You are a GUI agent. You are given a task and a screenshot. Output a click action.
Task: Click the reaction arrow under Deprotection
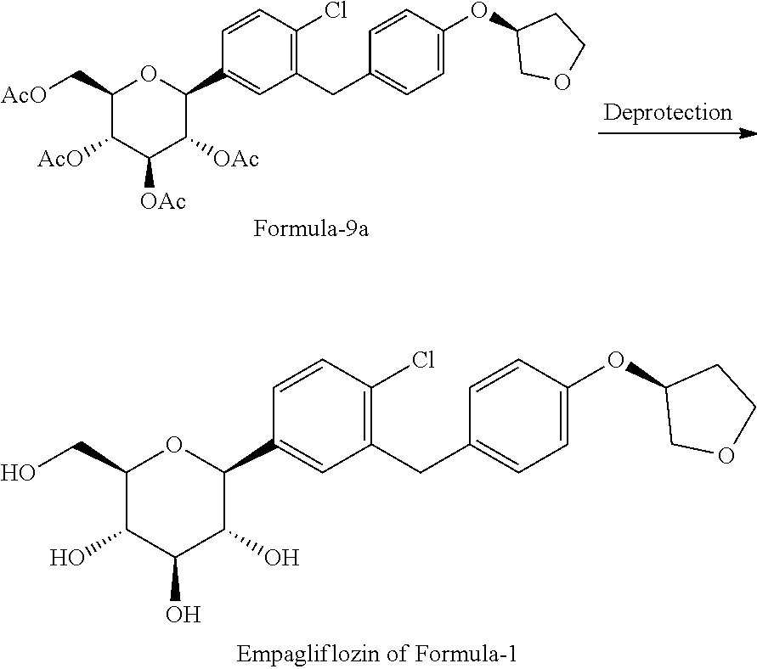point(677,132)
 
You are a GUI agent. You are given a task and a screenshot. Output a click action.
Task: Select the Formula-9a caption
point(311,228)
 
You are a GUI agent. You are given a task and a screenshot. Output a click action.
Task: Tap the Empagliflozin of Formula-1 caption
point(376,654)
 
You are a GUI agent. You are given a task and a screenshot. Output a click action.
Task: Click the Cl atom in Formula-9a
point(335,10)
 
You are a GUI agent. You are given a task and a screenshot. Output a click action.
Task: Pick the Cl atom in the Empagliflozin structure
point(422,360)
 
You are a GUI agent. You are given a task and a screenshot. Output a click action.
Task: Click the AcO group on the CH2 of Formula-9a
point(24,95)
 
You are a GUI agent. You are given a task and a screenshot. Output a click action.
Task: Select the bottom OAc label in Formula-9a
point(162,201)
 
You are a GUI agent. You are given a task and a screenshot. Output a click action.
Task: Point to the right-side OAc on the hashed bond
point(236,159)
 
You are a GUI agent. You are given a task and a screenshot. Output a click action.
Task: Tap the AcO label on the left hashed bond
point(60,159)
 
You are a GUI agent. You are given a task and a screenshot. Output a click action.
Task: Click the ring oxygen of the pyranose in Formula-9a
point(148,75)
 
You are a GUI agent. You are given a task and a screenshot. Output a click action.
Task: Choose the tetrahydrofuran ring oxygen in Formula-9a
point(562,82)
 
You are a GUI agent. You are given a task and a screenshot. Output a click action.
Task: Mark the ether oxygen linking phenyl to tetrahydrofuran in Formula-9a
point(478,10)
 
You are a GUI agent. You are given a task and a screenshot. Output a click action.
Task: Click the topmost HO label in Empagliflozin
point(19,473)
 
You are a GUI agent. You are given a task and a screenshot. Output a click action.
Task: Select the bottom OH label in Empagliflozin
point(183,615)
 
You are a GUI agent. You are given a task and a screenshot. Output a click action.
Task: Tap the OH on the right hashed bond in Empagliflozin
point(282,558)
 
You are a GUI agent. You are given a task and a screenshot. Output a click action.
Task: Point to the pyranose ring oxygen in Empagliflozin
point(174,445)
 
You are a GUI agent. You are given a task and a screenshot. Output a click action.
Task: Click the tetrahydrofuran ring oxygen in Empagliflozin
point(726,456)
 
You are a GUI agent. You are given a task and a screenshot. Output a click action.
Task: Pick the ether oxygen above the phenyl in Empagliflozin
point(615,360)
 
